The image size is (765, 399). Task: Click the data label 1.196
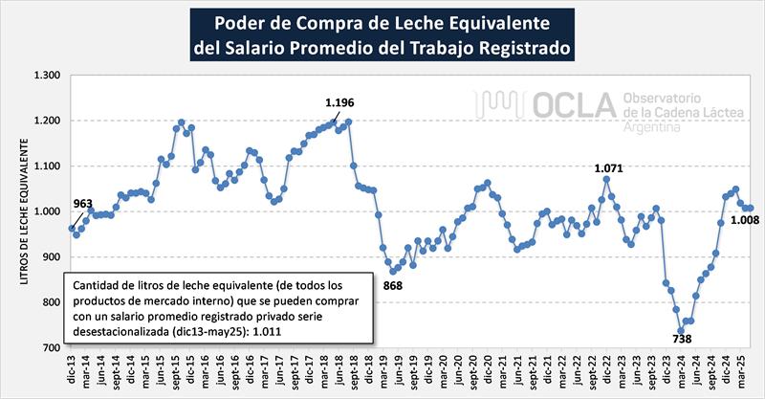[x=340, y=102]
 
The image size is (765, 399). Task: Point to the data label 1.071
[x=608, y=168]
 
